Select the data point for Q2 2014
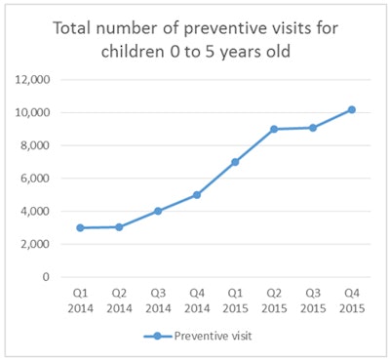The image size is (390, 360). [119, 226]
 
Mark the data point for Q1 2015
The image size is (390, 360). [235, 162]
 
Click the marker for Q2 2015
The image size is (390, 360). [274, 129]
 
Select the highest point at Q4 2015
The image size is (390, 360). [351, 109]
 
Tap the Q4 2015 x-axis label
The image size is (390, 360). [351, 298]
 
